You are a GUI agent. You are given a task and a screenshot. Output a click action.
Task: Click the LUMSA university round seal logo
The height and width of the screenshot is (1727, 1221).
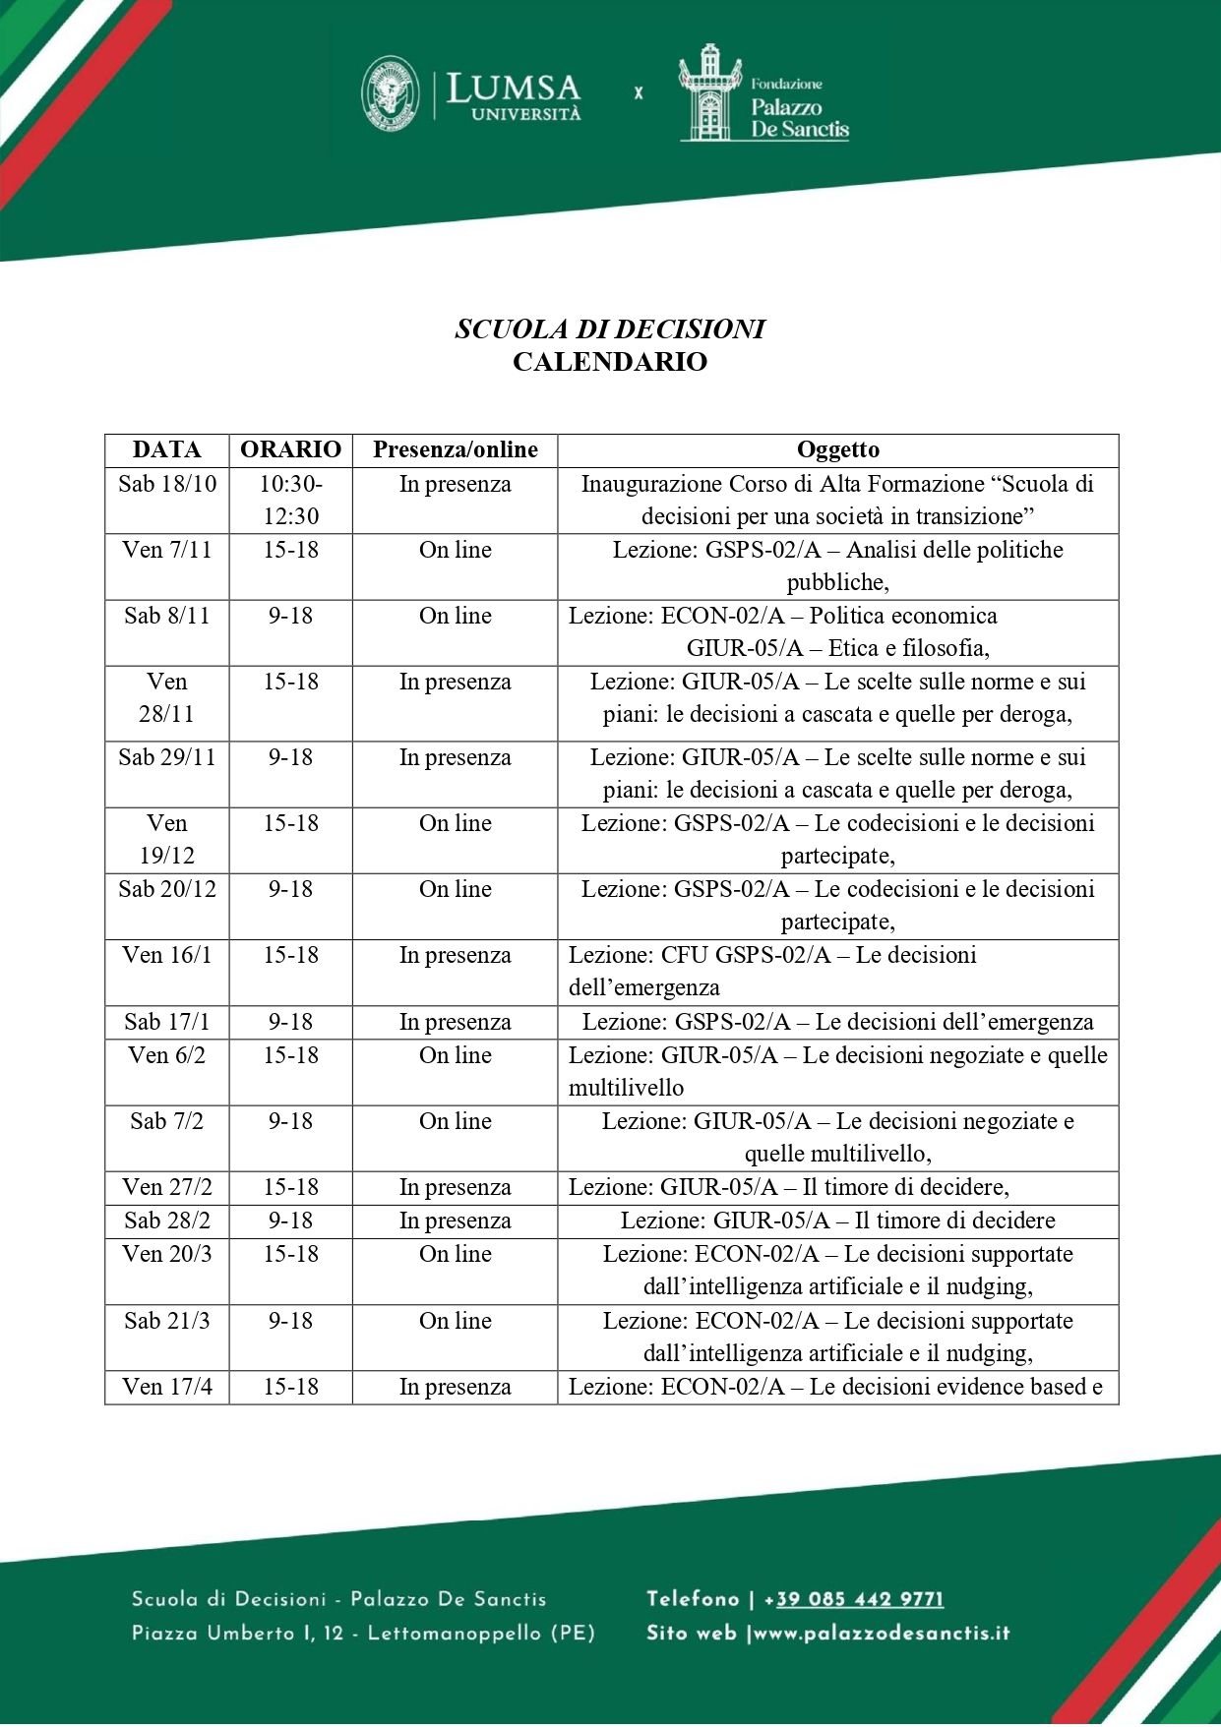coord(391,93)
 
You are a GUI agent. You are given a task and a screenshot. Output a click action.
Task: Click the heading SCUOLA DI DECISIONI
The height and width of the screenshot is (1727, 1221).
coord(609,328)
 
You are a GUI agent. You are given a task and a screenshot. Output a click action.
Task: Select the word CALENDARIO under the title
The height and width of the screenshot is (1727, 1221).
coord(609,362)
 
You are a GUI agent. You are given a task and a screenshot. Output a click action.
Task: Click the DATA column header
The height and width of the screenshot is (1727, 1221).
coord(166,450)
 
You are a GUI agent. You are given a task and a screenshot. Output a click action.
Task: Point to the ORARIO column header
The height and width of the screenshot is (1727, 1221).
coord(290,450)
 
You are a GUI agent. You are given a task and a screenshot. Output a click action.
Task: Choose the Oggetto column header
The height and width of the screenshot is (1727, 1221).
coord(837,450)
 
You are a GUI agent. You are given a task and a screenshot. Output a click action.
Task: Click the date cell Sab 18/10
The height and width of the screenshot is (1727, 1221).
coord(167,484)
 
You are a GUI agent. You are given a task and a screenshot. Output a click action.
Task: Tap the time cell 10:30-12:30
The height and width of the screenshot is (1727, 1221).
coord(290,500)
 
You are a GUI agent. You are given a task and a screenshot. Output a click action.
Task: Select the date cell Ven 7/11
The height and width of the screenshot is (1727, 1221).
coord(167,550)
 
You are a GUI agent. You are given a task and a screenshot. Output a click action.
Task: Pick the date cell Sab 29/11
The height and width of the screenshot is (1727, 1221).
coord(167,757)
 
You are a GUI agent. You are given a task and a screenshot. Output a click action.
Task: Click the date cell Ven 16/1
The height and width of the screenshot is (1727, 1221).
coord(167,955)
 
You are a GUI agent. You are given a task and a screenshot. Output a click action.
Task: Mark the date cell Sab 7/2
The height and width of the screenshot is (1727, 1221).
coord(167,1121)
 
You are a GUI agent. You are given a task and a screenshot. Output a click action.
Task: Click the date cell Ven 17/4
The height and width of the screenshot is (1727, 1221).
coord(167,1387)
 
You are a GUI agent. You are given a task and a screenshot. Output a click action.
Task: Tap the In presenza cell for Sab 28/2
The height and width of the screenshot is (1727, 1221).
coord(455,1221)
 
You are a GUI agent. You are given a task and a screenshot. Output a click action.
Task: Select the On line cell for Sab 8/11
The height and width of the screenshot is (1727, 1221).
coord(455,616)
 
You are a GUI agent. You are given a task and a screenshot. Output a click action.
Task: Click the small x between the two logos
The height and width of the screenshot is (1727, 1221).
coord(639,93)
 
